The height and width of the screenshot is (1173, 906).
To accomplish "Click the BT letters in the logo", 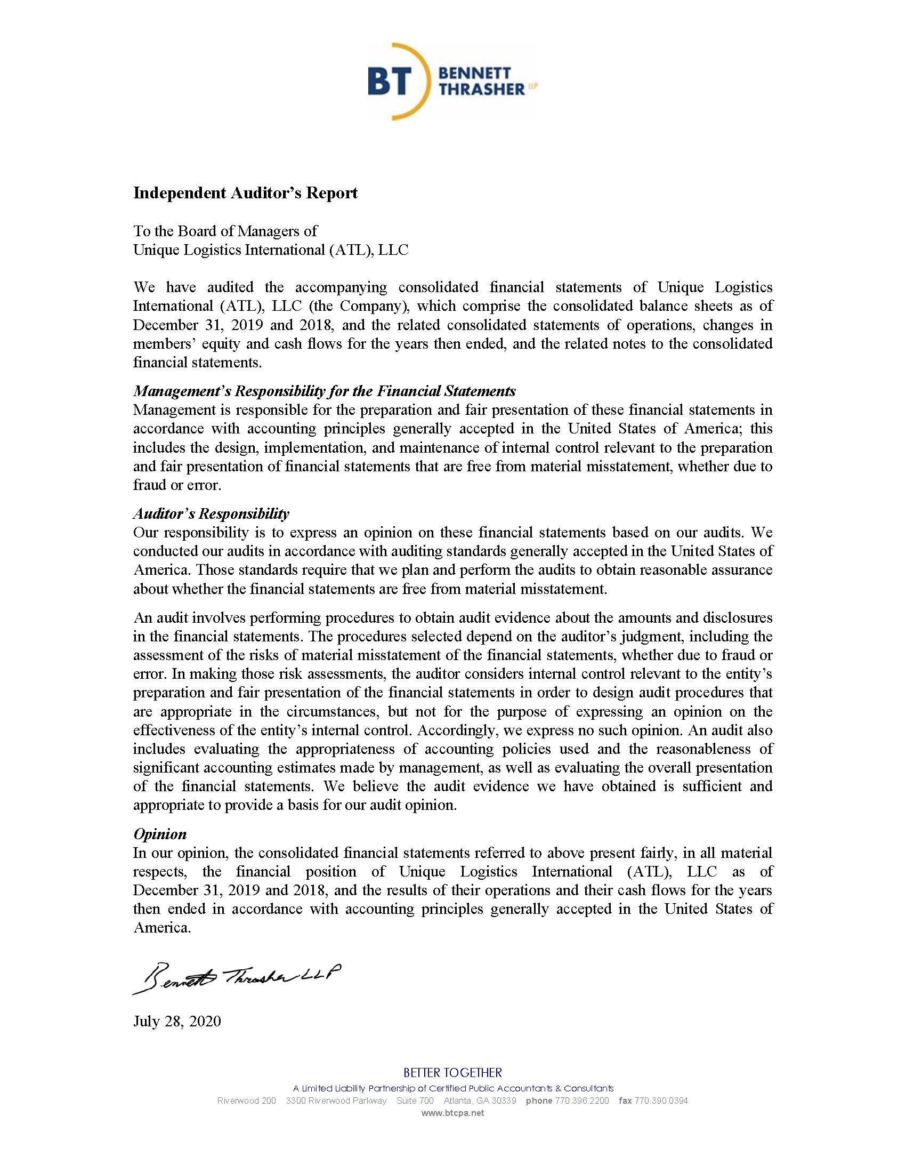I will (x=390, y=82).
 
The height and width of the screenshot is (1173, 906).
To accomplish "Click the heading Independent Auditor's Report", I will (x=245, y=193).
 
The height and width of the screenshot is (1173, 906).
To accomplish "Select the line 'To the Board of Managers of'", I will (x=225, y=231).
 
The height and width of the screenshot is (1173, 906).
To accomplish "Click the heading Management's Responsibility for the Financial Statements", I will (x=324, y=390).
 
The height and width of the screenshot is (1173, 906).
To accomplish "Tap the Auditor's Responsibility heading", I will (x=211, y=513).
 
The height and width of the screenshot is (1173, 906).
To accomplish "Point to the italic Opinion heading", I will (x=160, y=833).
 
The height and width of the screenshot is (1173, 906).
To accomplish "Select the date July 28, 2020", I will (x=176, y=1021).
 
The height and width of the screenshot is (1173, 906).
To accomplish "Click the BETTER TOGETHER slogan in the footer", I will (x=452, y=1073).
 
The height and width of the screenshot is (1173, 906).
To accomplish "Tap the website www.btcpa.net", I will (x=452, y=1113).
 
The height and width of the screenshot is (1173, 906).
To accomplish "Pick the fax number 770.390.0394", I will (x=661, y=1100).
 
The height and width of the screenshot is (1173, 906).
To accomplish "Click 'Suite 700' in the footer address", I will (x=415, y=1100).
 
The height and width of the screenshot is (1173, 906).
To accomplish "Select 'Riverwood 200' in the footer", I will (x=246, y=1100).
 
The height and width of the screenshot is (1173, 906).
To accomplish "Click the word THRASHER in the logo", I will (x=481, y=90).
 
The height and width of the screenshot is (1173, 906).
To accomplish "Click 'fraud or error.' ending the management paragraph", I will (x=177, y=485).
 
